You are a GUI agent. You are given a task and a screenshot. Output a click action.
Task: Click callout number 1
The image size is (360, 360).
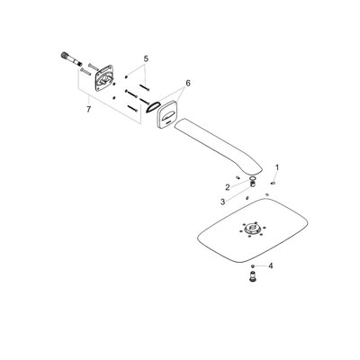pos(277,167)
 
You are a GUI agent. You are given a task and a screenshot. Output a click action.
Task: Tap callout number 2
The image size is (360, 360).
pos(228,187)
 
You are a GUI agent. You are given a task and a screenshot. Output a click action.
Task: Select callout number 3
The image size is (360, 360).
pos(222,202)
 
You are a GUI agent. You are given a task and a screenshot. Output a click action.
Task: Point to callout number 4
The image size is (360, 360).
pos(271,265)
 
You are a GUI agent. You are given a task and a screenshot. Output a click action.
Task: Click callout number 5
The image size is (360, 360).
pos(146,58)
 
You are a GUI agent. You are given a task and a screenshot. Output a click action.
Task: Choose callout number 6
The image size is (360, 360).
pos(188,84)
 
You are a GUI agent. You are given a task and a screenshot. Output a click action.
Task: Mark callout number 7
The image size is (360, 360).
pos(88,110)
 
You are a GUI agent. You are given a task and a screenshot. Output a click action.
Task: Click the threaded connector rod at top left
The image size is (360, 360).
pos(71,59)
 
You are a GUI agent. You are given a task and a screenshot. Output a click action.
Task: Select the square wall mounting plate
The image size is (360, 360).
pos(104,77)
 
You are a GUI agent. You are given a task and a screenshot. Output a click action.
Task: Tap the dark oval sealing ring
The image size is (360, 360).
pos(152,107)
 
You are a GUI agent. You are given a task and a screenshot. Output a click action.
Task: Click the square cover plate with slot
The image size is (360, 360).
pos(166,115)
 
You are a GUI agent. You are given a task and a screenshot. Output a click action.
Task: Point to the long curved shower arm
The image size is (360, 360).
pos(219,147)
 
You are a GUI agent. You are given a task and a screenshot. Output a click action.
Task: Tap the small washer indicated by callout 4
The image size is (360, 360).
pos(254,265)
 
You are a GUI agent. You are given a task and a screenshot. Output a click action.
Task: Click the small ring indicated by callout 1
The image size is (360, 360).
pos(273,183)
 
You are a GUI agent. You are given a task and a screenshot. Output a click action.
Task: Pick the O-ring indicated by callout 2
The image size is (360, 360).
pos(253,180)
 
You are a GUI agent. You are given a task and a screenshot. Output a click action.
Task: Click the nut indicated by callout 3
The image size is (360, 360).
pos(253,184)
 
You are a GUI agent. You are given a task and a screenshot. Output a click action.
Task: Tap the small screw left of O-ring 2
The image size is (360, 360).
pos(238,177)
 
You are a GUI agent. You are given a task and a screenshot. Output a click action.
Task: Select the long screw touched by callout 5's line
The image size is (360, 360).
pos(145,87)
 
